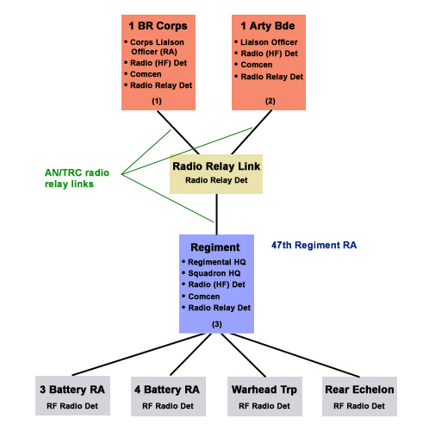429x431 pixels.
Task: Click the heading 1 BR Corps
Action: click(158, 26)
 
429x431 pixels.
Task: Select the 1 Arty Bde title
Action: click(268, 26)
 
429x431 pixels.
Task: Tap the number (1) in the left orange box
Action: click(157, 101)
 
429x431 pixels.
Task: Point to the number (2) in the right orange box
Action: click(270, 101)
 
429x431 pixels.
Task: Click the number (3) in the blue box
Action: click(217, 324)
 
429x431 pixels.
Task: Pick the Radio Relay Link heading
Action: click(216, 166)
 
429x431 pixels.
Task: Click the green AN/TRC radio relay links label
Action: click(77, 178)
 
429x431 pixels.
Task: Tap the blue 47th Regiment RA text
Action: click(314, 245)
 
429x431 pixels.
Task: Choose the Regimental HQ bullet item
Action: click(214, 262)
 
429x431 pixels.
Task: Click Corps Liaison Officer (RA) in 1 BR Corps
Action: click(155, 47)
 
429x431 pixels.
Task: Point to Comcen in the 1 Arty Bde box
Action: click(253, 65)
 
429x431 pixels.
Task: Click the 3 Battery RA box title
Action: click(72, 390)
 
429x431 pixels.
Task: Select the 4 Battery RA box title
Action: click(167, 390)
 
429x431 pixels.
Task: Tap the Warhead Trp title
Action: click(264, 390)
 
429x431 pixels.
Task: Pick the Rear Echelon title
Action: click(359, 390)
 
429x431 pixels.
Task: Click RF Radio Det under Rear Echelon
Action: click(359, 406)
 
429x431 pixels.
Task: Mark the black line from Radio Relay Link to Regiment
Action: click(216, 214)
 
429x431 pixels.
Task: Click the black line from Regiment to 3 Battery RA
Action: click(139, 354)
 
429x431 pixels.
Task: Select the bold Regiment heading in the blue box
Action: click(215, 247)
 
